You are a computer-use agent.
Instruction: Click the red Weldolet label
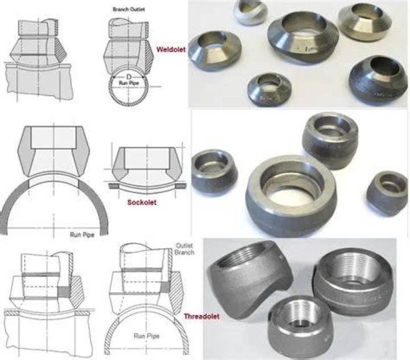click(x=171, y=49)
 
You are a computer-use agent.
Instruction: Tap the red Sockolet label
click(x=142, y=202)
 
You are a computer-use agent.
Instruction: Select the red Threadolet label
click(x=202, y=316)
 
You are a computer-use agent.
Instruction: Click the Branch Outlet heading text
click(x=129, y=10)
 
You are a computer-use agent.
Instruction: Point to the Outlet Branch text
click(x=184, y=249)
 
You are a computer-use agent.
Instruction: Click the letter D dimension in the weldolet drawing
click(x=128, y=77)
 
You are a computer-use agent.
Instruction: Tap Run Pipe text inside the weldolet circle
click(x=128, y=83)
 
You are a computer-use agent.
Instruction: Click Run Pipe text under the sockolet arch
click(x=82, y=235)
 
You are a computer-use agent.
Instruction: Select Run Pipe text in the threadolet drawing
click(x=146, y=336)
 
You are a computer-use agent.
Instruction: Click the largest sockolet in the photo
click(x=291, y=196)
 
